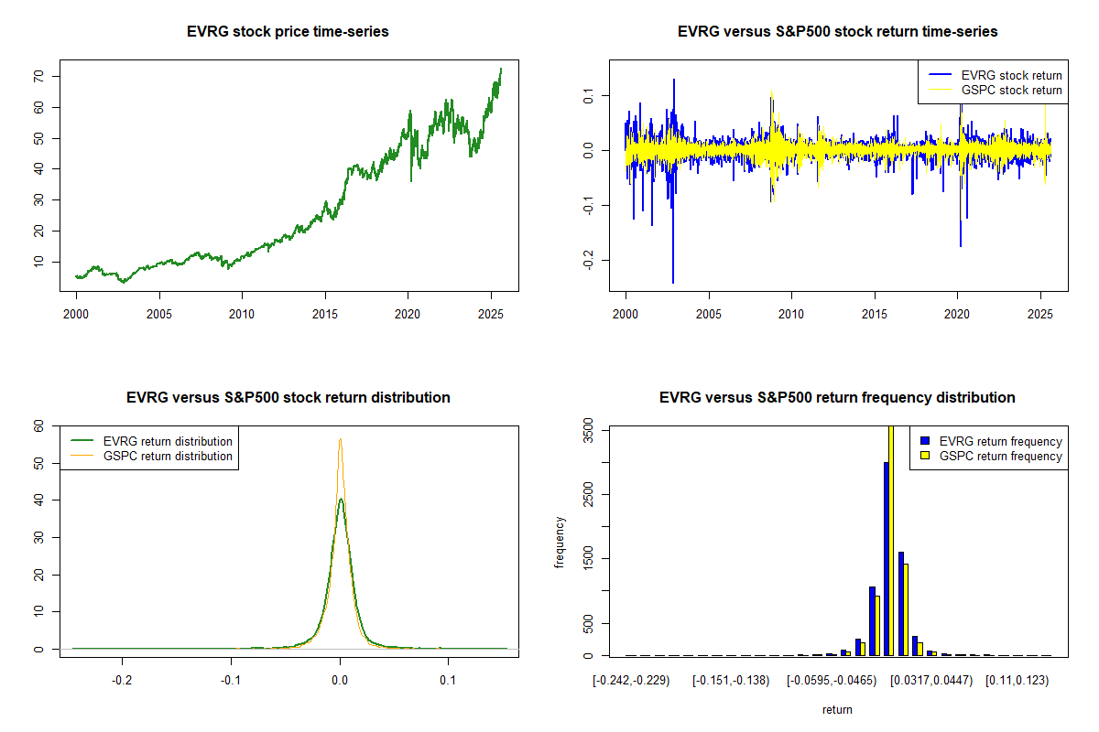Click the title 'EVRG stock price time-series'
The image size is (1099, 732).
[288, 31]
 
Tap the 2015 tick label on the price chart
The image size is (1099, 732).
[325, 314]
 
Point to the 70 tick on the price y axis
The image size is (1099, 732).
[38, 77]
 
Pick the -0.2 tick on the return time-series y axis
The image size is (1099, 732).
[588, 260]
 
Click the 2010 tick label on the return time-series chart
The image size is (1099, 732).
[791, 314]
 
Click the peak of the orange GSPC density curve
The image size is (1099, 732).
[340, 439]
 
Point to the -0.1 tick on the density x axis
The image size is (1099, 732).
[231, 681]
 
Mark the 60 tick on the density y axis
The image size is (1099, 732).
[38, 426]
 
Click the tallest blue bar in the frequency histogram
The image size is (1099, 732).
[887, 558]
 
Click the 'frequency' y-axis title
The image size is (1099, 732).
[560, 543]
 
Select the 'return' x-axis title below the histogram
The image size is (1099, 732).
[837, 710]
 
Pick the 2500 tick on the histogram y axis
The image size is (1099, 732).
[588, 494]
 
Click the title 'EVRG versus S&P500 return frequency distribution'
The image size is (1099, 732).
[837, 397]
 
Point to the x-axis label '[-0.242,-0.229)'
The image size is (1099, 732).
[631, 681]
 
